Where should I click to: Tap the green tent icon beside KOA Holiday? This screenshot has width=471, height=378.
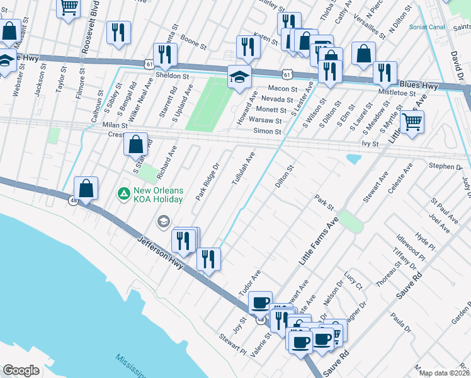coord(124,192)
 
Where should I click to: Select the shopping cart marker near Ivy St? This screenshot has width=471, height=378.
coord(412,122)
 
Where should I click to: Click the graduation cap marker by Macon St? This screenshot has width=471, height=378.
coord(239,77)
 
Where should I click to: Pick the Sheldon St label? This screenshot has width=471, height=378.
coord(173,76)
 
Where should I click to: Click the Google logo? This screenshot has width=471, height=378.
coord(21,370)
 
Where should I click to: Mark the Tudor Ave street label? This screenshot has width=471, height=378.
coord(249,285)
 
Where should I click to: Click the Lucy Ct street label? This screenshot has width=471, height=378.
coord(353,281)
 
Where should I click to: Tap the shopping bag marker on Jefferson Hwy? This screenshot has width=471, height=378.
coord(86,188)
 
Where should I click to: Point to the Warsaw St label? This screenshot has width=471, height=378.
coord(264,120)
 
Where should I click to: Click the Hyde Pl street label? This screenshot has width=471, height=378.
coord(425,239)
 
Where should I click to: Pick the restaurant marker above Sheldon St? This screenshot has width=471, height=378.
coord(165,55)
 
